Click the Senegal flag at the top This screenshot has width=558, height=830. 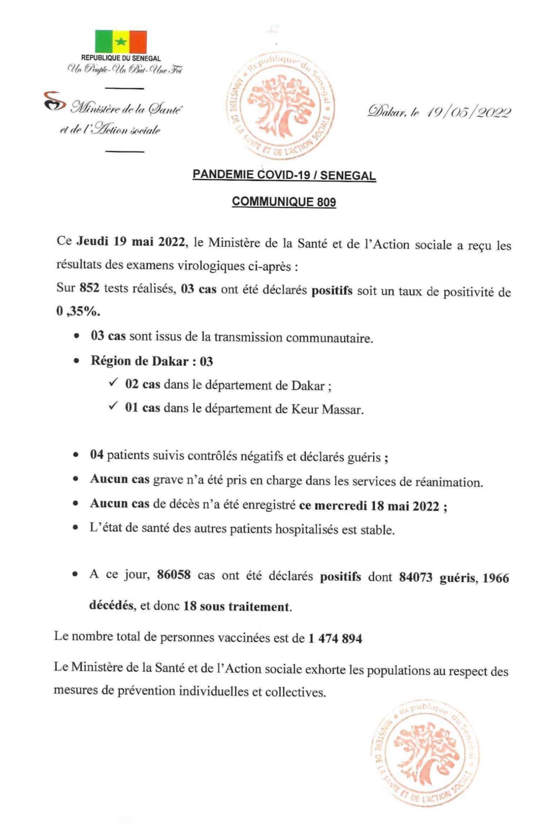(121, 41)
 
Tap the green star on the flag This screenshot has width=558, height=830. (121, 42)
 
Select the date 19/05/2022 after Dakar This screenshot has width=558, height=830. (469, 112)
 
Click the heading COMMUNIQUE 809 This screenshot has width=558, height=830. (284, 202)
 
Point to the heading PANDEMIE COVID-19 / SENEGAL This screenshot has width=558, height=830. (284, 175)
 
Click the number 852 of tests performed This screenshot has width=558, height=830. (90, 288)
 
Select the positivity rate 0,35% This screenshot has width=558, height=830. (78, 311)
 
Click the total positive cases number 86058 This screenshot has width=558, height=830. (174, 575)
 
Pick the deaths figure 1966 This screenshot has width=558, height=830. (495, 578)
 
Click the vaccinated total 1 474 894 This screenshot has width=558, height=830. (335, 638)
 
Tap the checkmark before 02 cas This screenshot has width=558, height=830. (113, 383)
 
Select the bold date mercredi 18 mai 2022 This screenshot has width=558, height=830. (376, 506)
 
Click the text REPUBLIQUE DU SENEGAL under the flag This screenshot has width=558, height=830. (121, 58)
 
